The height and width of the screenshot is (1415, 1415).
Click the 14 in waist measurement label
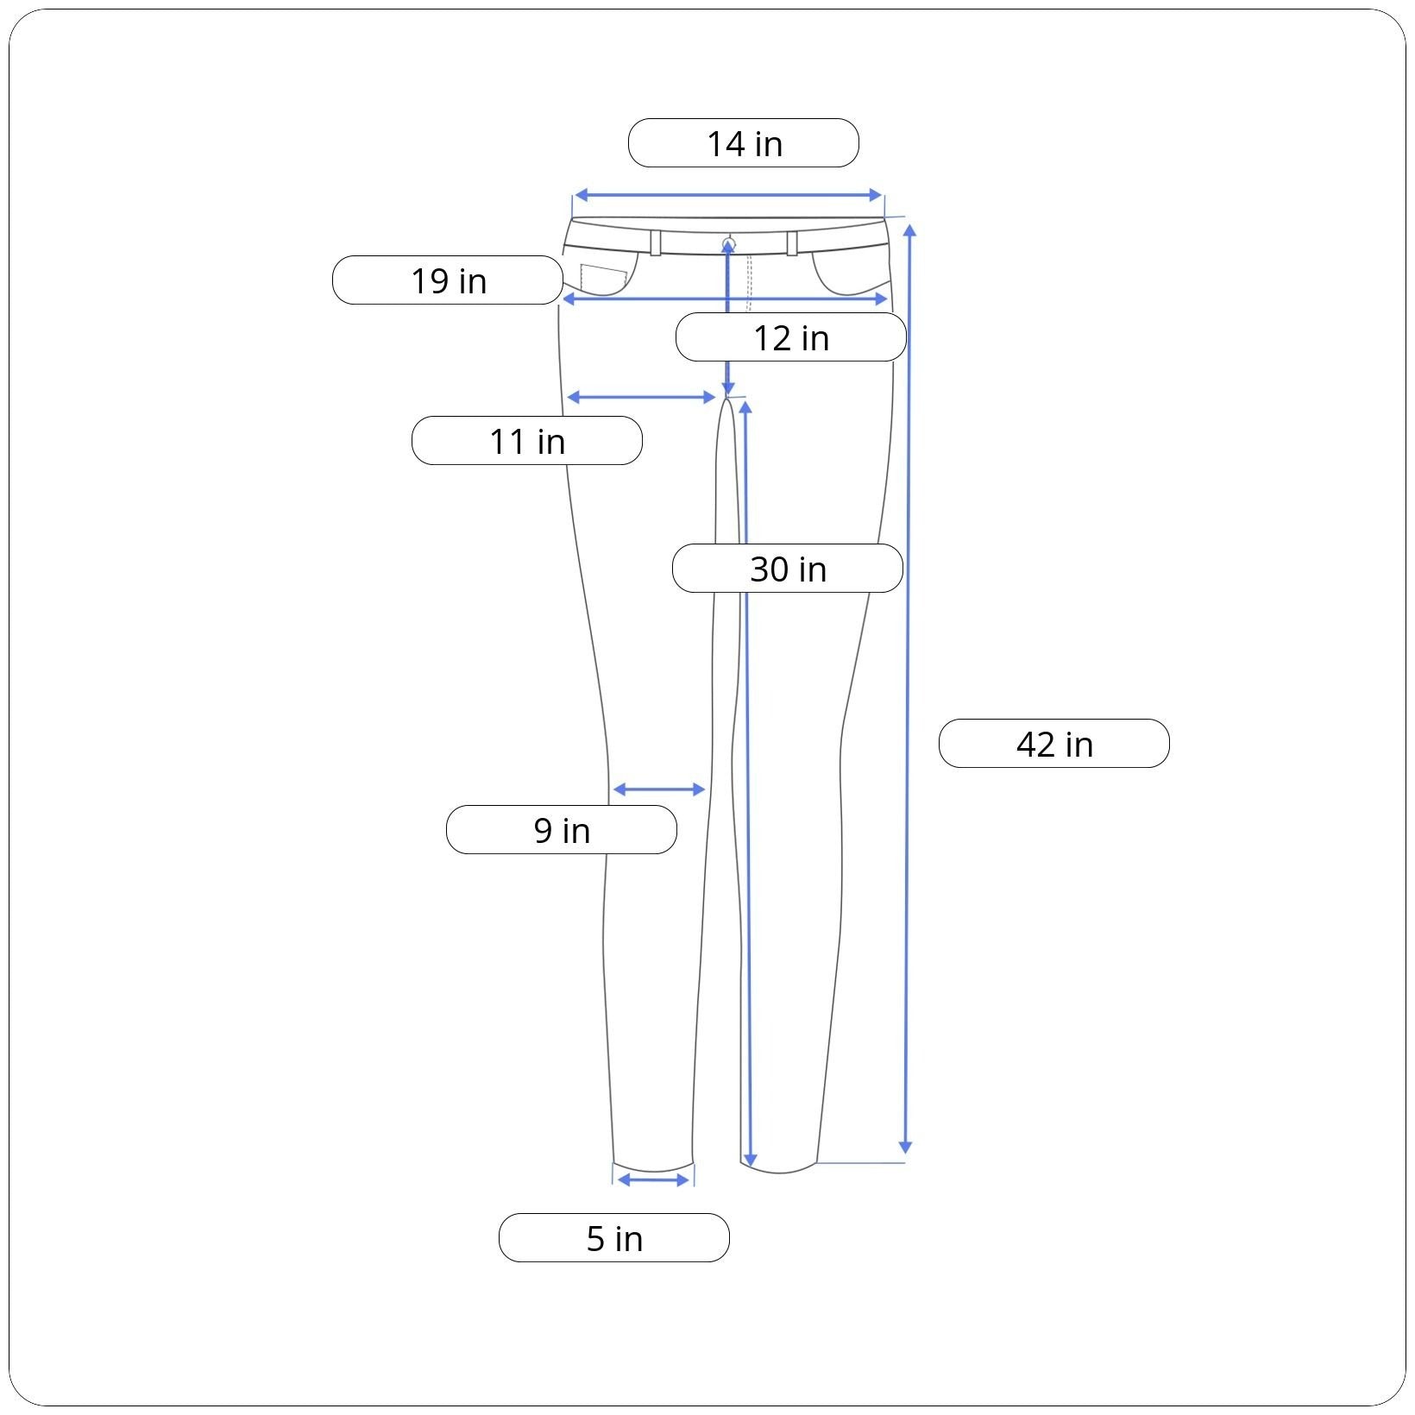744,143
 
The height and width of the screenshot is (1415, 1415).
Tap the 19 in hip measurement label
448,280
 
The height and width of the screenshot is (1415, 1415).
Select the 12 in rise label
791,337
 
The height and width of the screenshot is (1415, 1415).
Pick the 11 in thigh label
527,441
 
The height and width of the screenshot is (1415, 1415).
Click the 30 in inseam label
788,569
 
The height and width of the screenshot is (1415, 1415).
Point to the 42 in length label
1054,744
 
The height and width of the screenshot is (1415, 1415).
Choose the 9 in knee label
562,830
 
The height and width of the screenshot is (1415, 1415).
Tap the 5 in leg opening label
614,1238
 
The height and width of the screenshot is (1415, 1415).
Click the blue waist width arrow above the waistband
728,196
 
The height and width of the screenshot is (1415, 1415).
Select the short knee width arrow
659,789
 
